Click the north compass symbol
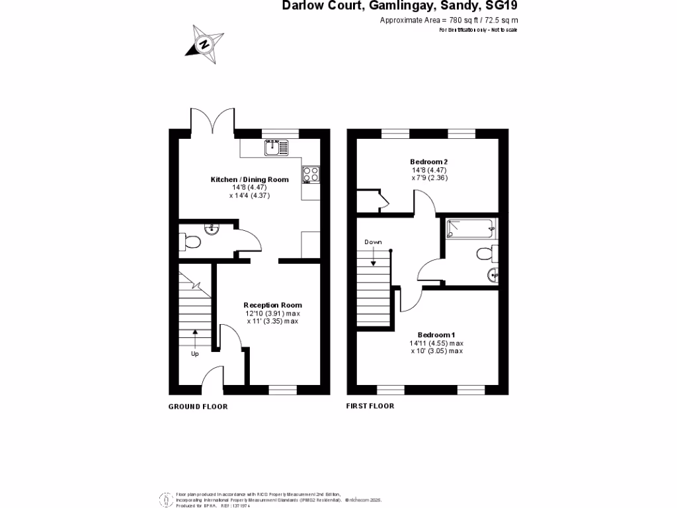point(204,45)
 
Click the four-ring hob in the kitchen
point(311,173)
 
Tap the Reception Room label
point(272,305)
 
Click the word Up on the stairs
point(195,354)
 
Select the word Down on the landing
point(374,242)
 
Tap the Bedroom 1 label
point(436,335)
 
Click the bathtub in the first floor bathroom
point(470,229)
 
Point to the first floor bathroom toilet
point(485,253)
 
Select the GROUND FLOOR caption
point(198,407)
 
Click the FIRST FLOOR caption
point(370,406)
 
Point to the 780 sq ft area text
point(448,21)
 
